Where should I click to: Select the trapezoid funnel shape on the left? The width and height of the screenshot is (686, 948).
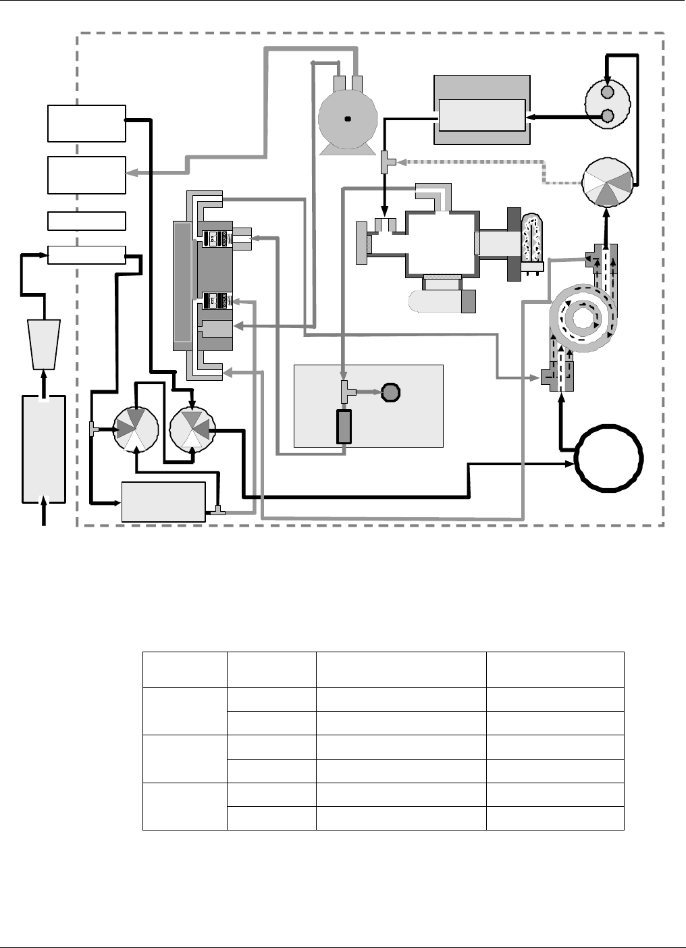(x=45, y=343)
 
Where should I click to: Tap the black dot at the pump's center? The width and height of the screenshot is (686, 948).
(x=348, y=120)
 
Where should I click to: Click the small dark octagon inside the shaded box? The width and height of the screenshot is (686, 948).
(x=391, y=392)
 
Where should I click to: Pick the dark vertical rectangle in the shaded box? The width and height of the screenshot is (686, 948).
(x=344, y=427)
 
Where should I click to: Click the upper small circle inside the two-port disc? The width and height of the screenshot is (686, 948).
(x=607, y=92)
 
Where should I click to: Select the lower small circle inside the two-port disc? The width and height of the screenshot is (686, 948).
(x=607, y=116)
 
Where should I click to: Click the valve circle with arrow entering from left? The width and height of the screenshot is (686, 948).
(x=136, y=429)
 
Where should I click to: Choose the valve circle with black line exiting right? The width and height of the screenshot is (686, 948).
(x=192, y=429)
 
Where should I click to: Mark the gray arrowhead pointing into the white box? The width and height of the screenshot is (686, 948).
(x=130, y=174)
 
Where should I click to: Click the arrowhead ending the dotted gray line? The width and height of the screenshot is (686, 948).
(x=400, y=162)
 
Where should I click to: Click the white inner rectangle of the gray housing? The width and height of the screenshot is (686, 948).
(x=481, y=115)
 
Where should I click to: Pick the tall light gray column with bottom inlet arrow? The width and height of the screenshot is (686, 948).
(x=44, y=448)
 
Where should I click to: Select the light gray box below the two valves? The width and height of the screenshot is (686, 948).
(x=163, y=502)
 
